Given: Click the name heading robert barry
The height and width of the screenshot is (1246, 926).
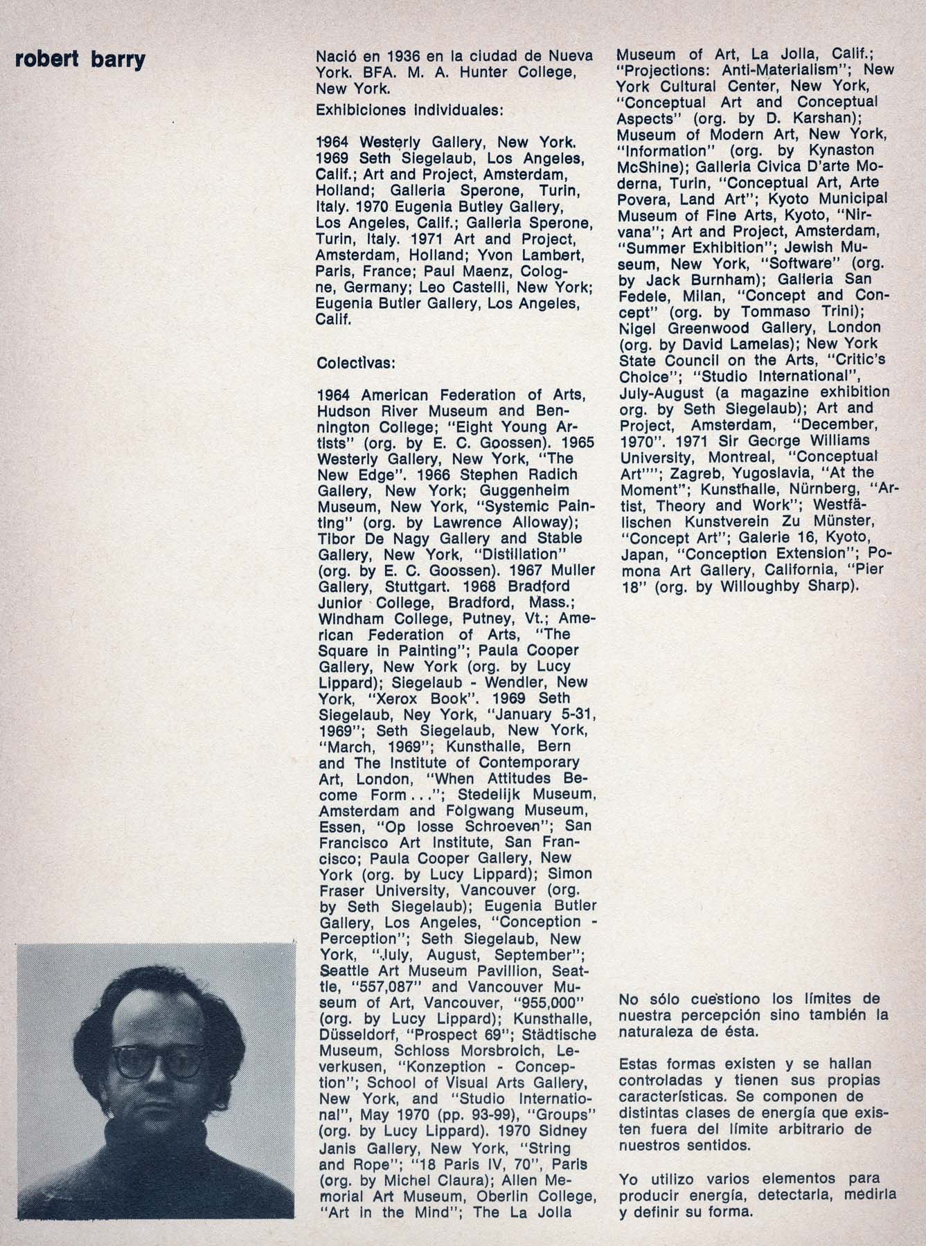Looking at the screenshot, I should (80, 60).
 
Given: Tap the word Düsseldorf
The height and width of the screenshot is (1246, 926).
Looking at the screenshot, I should (357, 1035).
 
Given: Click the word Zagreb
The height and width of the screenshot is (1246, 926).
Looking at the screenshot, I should (693, 473).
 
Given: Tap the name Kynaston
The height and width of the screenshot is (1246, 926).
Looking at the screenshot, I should (840, 150).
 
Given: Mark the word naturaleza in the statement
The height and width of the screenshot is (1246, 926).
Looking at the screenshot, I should (654, 1031).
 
